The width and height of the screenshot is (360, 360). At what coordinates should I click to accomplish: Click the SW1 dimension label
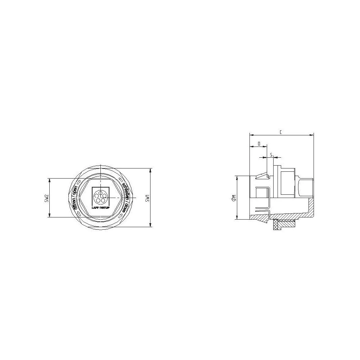[x=147, y=198]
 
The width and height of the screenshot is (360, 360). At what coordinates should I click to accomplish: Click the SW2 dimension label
[x=46, y=198]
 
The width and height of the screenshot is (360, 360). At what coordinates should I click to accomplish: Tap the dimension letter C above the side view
[x=280, y=132]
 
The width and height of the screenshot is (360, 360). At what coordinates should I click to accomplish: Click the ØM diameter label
[x=233, y=198]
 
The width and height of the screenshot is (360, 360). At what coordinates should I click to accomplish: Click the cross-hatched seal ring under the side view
[x=276, y=225]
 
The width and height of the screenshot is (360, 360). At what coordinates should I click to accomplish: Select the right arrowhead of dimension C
[x=312, y=135]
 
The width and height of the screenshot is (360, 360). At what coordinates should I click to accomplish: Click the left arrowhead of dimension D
[x=251, y=147]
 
